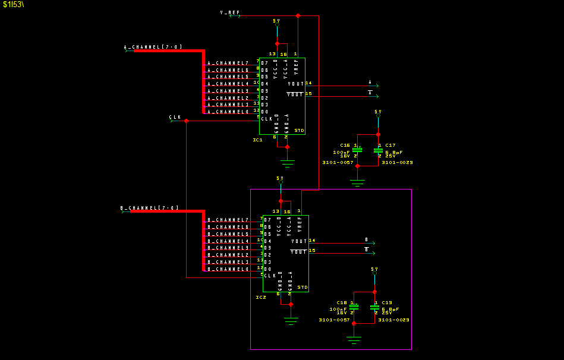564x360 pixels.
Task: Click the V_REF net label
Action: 230,12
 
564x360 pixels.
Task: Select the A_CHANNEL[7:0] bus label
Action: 153,47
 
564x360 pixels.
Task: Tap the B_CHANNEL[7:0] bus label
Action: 150,209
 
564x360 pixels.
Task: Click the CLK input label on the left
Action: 175,118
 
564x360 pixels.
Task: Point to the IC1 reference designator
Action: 257,140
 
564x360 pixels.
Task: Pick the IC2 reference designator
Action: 261,297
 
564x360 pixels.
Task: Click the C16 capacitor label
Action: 345,145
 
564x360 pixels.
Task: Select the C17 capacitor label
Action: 390,145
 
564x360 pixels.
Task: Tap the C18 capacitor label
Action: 341,302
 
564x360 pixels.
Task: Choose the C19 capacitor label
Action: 386,302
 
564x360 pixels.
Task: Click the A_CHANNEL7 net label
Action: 228,63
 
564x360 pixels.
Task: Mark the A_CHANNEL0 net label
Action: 228,112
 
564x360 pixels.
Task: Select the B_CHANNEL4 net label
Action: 228,241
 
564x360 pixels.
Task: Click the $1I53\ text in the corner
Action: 14,4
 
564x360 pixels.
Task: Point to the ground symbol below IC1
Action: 287,162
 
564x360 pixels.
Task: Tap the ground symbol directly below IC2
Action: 291,321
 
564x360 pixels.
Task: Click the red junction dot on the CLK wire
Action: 186,121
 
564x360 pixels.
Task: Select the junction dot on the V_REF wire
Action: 298,15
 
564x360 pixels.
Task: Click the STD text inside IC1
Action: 299,130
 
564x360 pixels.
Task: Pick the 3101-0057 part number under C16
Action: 338,162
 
